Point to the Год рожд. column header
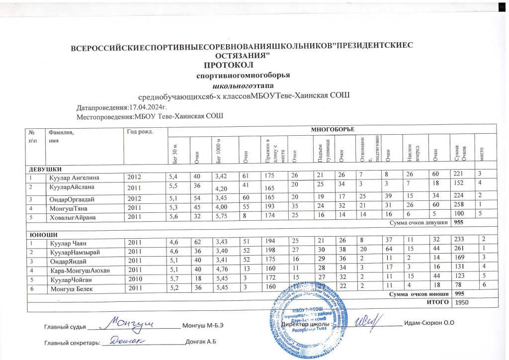click(x=140, y=132)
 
